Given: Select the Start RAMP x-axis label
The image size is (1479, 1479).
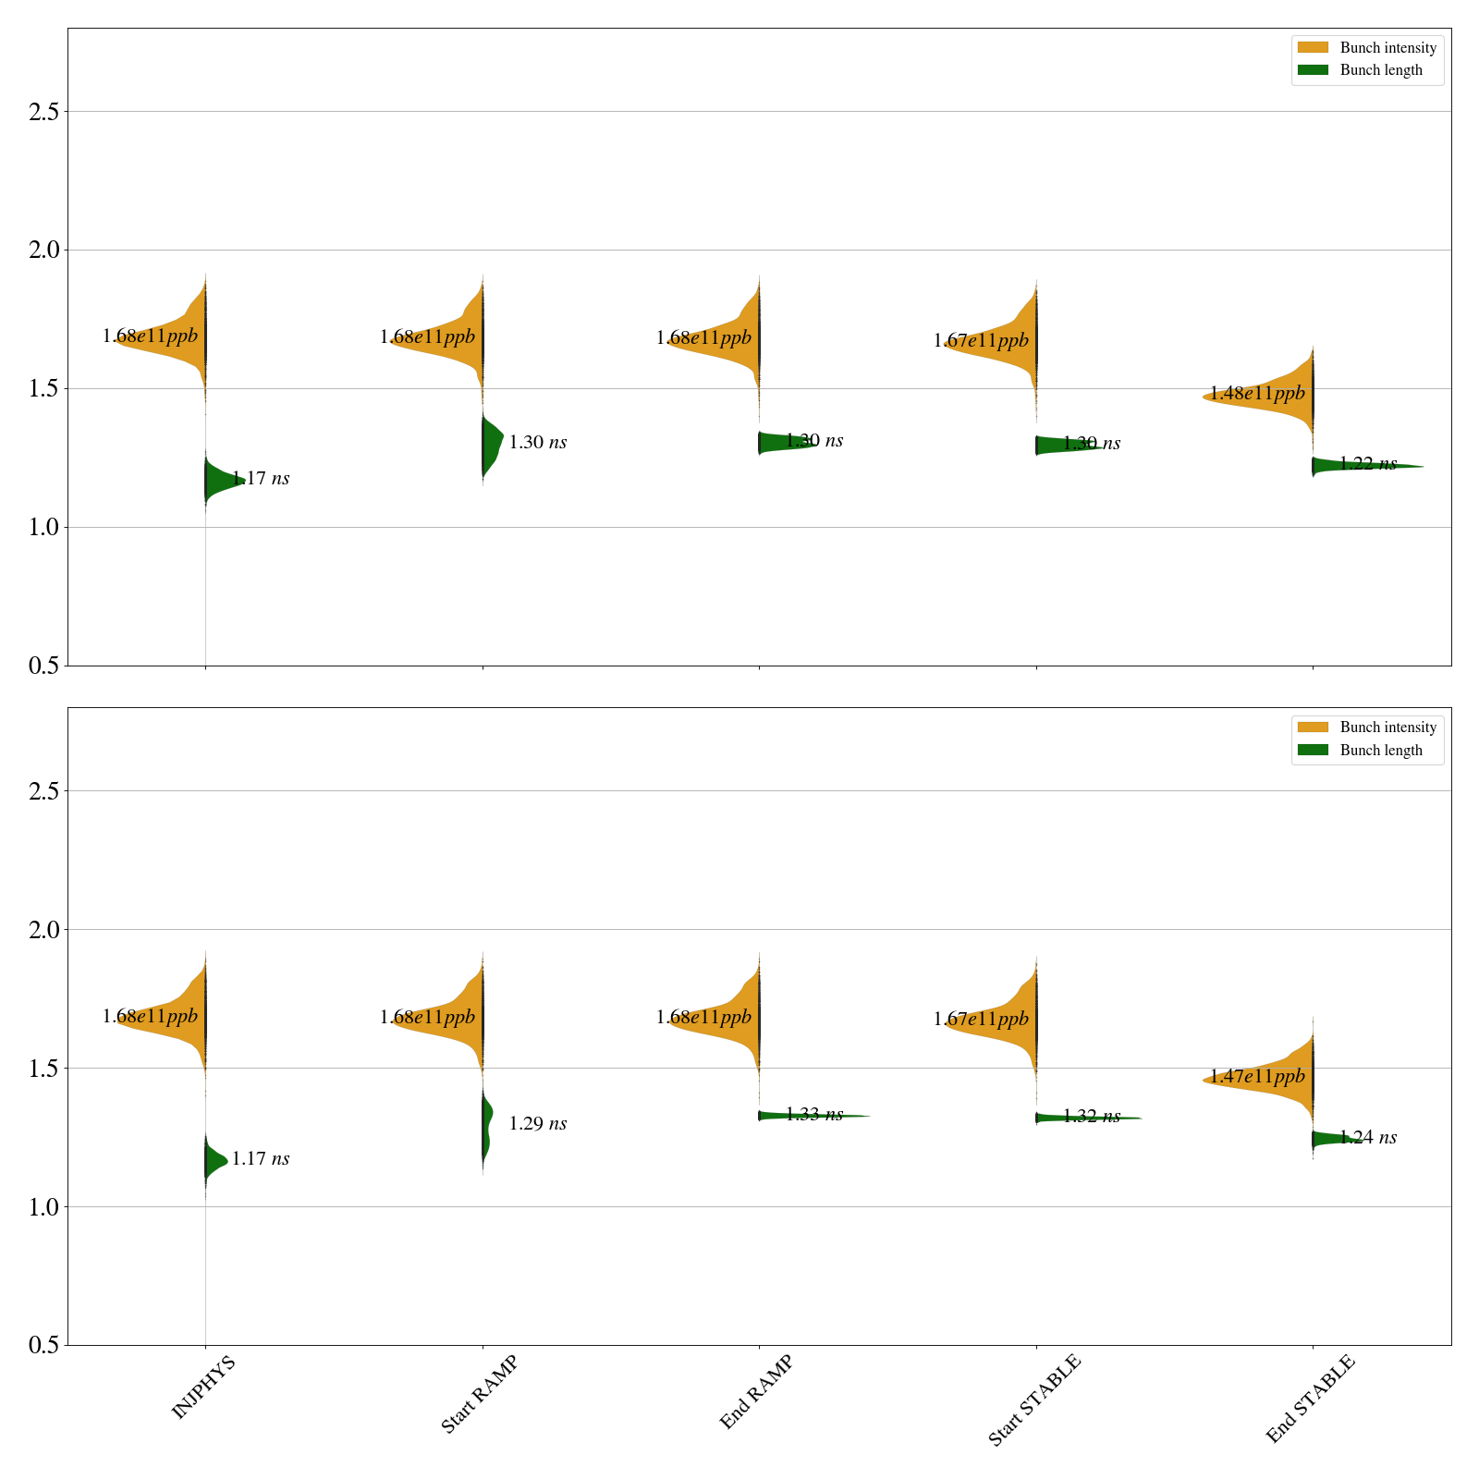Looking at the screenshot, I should (479, 1394).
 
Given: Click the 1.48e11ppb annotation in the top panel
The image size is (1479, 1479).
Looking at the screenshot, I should (1257, 394).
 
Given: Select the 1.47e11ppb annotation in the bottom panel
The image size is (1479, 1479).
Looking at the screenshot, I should (1257, 1077).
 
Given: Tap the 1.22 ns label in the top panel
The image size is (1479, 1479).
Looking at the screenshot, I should (1367, 464).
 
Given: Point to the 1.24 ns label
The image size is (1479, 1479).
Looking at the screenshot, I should (1367, 1138).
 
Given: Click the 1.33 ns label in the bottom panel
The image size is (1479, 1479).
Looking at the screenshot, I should (813, 1115).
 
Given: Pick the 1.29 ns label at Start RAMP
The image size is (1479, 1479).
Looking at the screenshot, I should (537, 1124).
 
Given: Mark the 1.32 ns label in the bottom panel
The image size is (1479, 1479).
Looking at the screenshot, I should (1091, 1117).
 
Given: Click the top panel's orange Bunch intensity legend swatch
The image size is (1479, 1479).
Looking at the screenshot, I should (1312, 47).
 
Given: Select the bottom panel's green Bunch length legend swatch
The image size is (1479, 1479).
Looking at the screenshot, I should (1312, 750).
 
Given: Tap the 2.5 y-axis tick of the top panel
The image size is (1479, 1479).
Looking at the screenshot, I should (43, 112).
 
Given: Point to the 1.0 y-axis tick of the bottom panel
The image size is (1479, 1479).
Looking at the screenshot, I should (43, 1207).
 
